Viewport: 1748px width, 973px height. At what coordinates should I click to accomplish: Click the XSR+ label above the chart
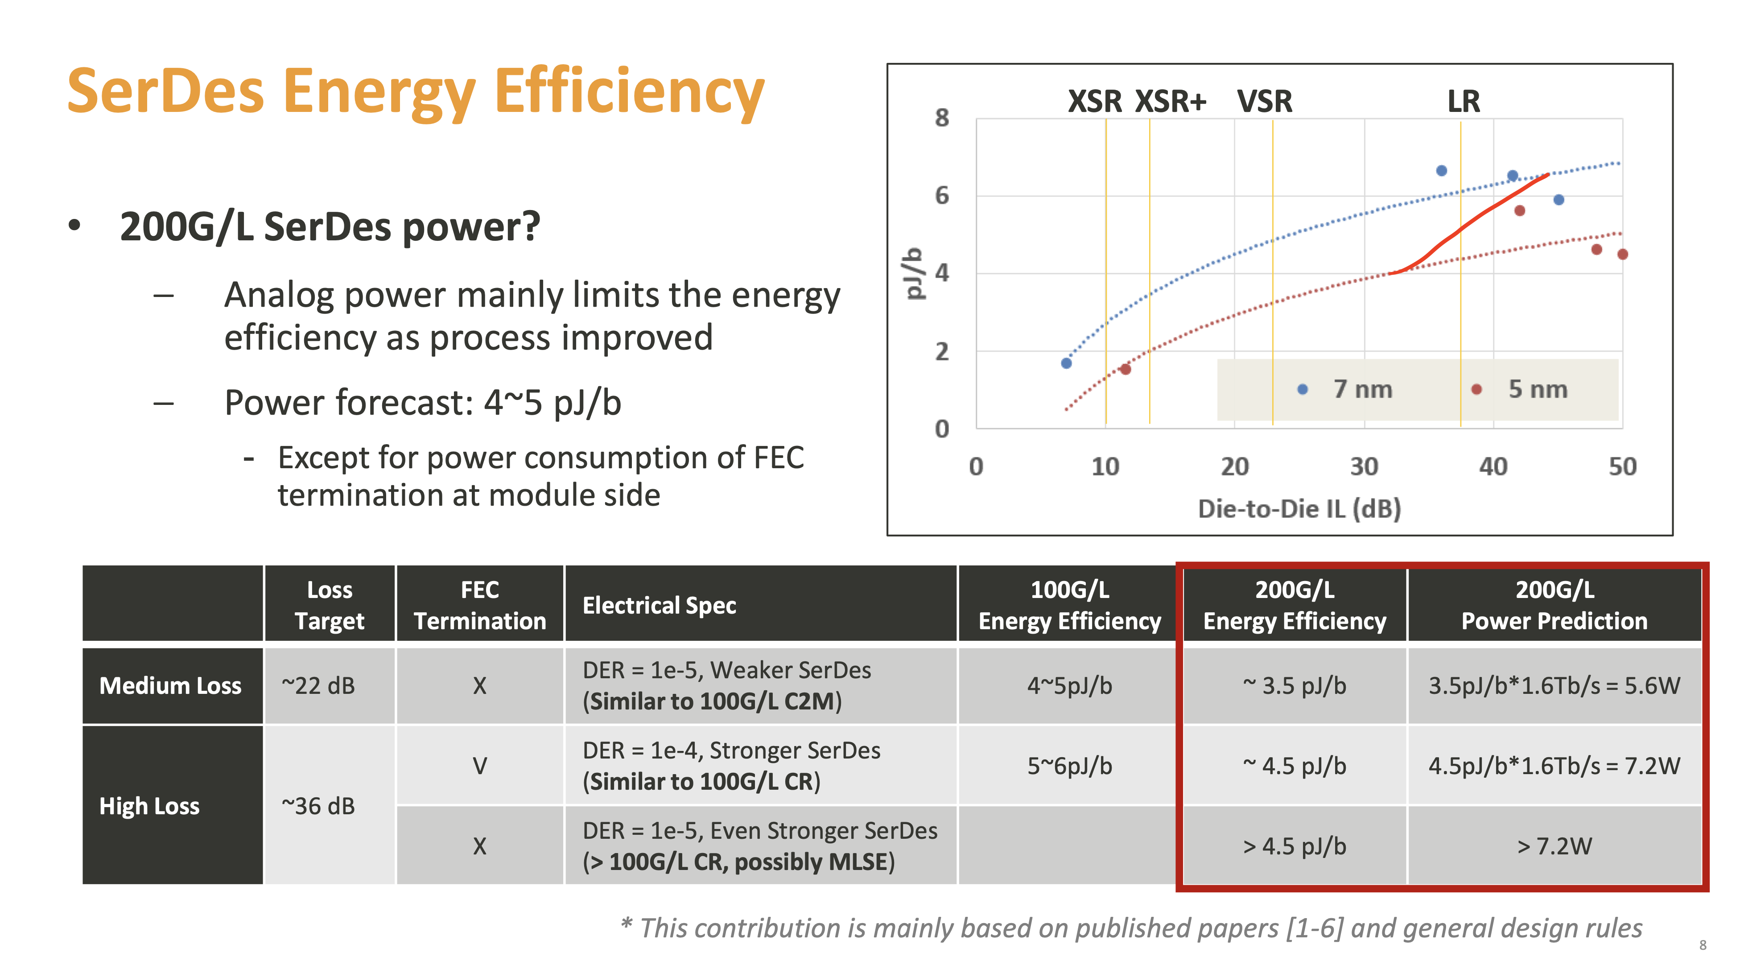click(x=1171, y=102)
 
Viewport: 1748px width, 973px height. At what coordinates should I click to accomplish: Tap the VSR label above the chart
click(x=1264, y=102)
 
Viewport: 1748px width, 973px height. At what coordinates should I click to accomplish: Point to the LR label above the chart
click(x=1463, y=102)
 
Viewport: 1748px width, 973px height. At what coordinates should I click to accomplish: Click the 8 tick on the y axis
click(x=942, y=118)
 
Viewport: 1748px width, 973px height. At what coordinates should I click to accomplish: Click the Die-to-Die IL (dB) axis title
click(x=1299, y=508)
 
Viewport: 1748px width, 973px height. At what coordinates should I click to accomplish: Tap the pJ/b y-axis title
click(x=914, y=273)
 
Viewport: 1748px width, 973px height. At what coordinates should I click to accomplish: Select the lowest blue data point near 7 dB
click(x=1066, y=363)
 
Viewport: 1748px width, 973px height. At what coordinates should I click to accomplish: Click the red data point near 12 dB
click(x=1125, y=369)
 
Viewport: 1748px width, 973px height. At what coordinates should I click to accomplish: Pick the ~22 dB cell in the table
click(x=318, y=685)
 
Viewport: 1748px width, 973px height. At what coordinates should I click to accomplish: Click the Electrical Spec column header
click(x=659, y=605)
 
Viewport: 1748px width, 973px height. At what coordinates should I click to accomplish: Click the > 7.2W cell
click(x=1554, y=845)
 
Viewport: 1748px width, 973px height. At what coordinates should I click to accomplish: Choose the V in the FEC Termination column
click(x=480, y=766)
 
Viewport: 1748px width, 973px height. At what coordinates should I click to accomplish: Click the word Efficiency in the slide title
click(x=629, y=92)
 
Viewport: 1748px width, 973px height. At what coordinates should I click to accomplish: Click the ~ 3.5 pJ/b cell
click(x=1294, y=685)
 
